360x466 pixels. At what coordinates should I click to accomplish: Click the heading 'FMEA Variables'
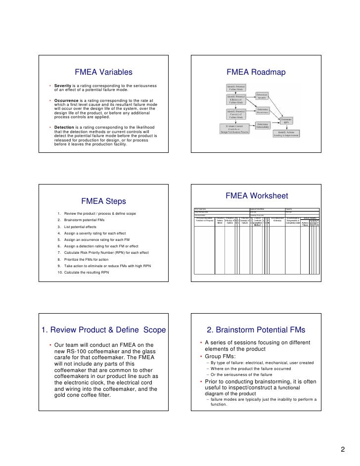point(103,73)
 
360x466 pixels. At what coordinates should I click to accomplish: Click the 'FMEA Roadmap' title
point(256,73)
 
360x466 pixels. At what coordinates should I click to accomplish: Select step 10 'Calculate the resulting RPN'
point(88,273)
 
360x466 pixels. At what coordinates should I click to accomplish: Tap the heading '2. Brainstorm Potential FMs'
point(256,330)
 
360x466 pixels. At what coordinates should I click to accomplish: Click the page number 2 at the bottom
point(342,450)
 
